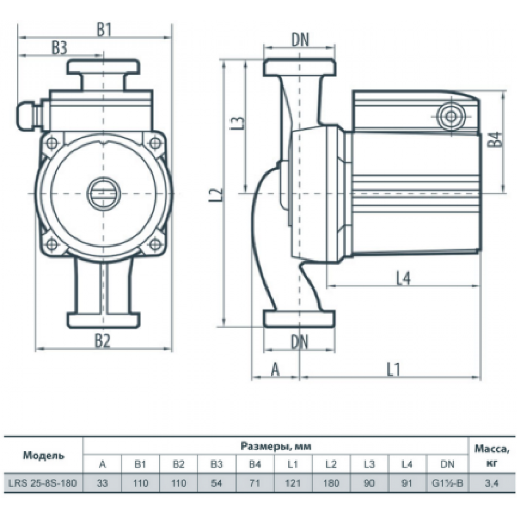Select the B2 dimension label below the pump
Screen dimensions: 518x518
[x=103, y=341]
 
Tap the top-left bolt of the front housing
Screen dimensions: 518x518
[x=51, y=142]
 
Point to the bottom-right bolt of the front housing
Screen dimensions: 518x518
[x=154, y=244]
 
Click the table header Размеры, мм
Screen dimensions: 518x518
[x=276, y=446]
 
